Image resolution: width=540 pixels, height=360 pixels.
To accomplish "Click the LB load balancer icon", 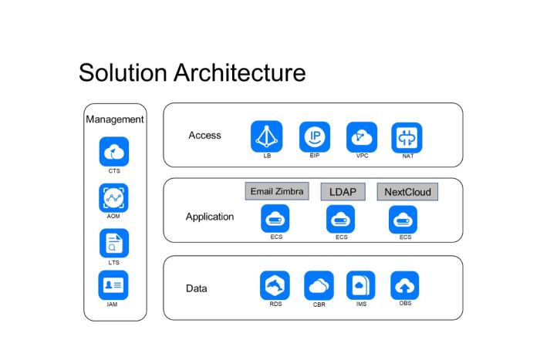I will (x=266, y=136).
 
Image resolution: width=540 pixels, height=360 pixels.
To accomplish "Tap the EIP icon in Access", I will (x=315, y=136).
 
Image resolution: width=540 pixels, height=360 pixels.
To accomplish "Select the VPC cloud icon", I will (x=361, y=136).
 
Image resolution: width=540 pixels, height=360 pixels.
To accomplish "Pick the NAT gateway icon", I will (x=407, y=137).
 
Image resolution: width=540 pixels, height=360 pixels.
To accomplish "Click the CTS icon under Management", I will (x=114, y=151).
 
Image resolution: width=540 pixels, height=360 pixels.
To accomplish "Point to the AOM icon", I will (x=114, y=197).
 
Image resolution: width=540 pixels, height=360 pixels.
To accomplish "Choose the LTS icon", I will (x=114, y=244).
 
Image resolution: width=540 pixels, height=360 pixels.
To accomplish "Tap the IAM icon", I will (x=114, y=285).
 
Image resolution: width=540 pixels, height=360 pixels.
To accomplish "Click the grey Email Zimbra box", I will (x=277, y=191).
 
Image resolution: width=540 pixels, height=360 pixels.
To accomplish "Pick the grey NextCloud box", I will (x=407, y=191).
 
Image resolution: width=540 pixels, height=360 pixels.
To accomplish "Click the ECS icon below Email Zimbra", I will (x=275, y=219).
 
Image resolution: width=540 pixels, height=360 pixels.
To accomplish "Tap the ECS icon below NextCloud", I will (x=403, y=219).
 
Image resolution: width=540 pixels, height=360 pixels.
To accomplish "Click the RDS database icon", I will (x=275, y=285).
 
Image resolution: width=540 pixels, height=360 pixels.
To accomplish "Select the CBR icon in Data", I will (x=319, y=285).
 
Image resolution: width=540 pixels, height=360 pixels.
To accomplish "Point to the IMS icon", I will (x=361, y=285).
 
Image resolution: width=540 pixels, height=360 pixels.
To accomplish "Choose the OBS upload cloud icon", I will (x=405, y=285).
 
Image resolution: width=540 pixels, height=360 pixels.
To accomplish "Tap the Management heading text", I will (x=115, y=119).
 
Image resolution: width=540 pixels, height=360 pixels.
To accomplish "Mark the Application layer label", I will (x=210, y=217).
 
